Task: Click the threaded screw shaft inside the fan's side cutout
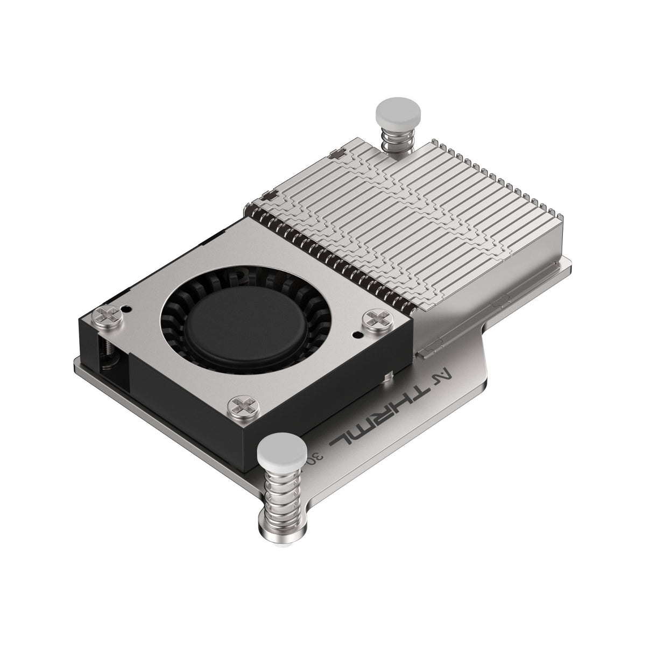click(x=108, y=352)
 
